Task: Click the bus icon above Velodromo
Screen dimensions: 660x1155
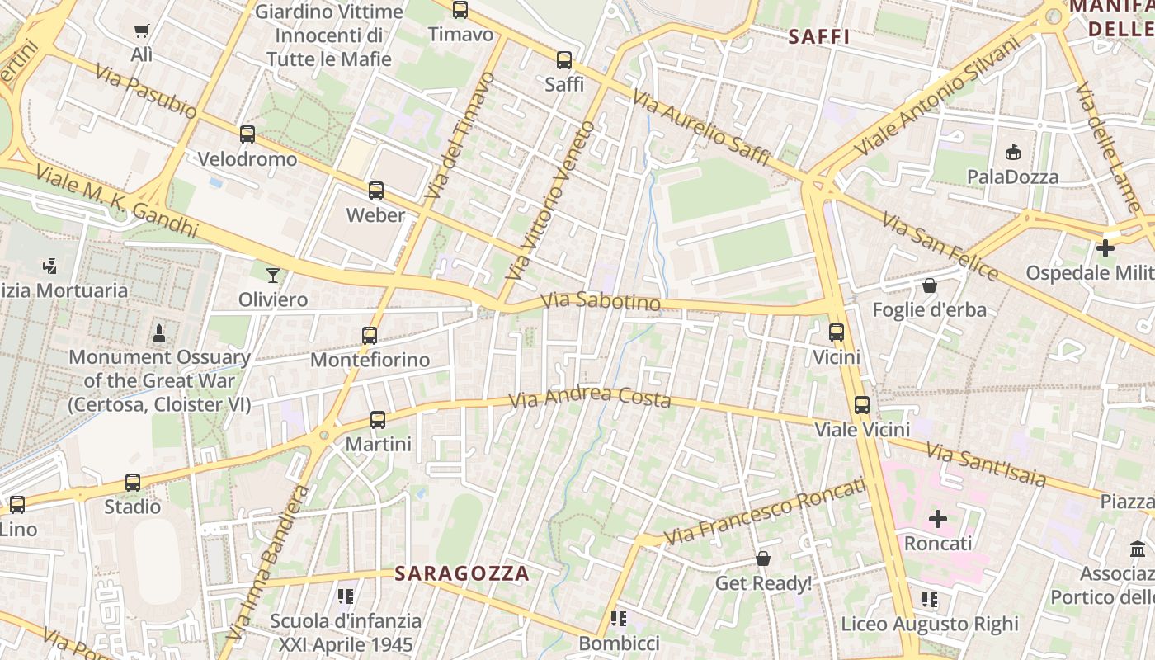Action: click(247, 134)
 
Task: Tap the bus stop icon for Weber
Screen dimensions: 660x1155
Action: click(376, 191)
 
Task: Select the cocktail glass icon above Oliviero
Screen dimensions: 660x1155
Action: click(273, 275)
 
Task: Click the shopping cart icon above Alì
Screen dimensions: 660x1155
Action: click(142, 31)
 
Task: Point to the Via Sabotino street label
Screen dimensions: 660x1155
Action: click(602, 302)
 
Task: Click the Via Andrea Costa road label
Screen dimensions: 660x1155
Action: click(590, 398)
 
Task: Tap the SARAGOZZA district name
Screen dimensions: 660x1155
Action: click(461, 573)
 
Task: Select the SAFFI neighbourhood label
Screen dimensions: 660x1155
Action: click(818, 37)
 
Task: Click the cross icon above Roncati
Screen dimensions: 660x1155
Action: click(938, 519)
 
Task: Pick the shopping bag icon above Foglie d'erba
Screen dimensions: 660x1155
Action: click(930, 285)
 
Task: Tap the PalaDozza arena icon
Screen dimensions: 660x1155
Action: click(1013, 152)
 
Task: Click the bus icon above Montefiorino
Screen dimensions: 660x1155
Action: click(370, 335)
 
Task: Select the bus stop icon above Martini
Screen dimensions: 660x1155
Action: click(378, 419)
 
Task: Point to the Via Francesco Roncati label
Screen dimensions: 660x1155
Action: click(765, 510)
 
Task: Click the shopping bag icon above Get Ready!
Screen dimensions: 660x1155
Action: click(763, 559)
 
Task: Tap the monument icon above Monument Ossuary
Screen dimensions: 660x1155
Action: click(159, 332)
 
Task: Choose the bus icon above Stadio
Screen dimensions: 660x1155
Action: click(133, 482)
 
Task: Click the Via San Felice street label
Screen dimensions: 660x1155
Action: click(939, 246)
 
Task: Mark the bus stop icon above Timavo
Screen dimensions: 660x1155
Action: click(460, 10)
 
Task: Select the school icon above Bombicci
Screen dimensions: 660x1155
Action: click(619, 619)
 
